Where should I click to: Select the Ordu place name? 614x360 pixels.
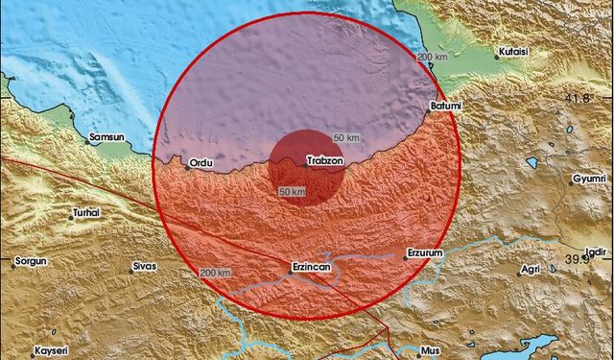pos(201,162)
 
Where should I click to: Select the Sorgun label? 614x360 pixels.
pos(31,261)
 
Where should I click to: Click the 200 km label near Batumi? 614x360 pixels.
pos(432,58)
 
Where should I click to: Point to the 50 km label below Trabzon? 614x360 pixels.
pos(292,192)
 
